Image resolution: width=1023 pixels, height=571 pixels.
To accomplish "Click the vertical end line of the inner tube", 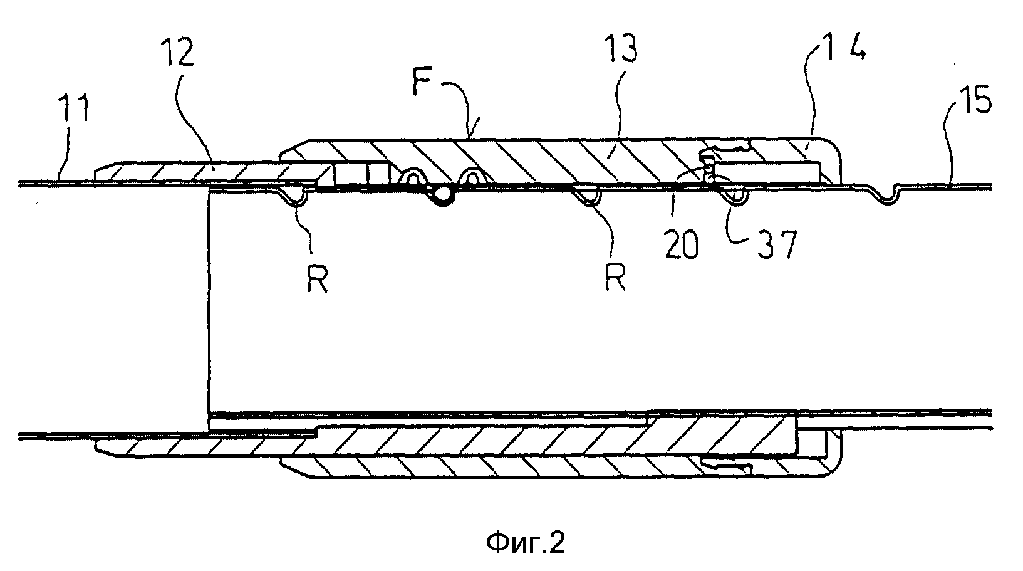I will [x=207, y=301].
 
